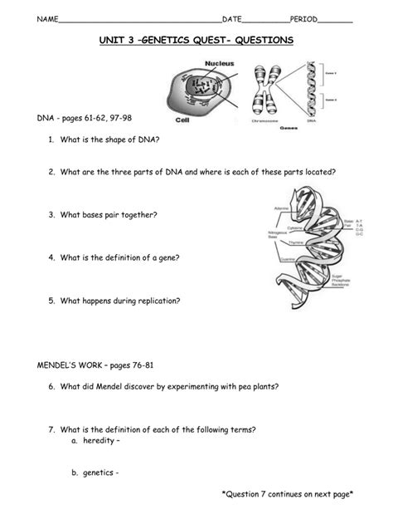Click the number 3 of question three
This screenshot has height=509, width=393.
[x=51, y=215]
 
